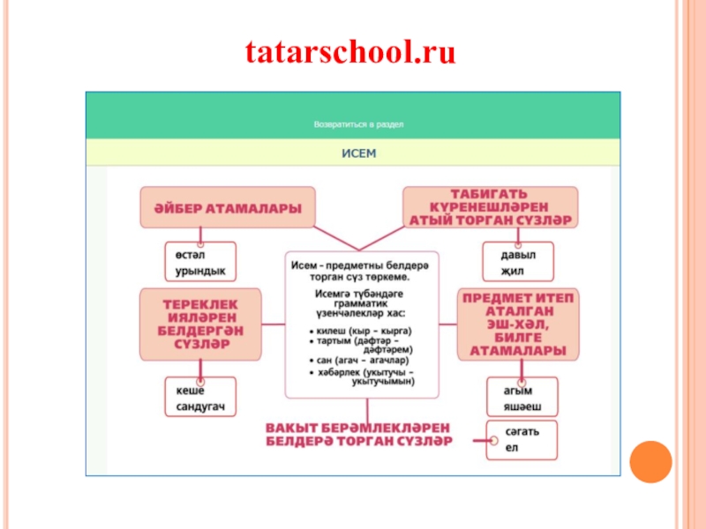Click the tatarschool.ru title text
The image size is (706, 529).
pyautogui.click(x=351, y=55)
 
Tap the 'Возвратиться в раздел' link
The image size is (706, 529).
pyautogui.click(x=358, y=124)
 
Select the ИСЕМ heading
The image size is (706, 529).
pyautogui.click(x=358, y=153)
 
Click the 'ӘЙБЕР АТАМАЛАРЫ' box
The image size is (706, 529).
pyautogui.click(x=228, y=208)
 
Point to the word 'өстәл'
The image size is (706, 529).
pyautogui.click(x=183, y=254)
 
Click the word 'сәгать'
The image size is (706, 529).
pyautogui.click(x=522, y=432)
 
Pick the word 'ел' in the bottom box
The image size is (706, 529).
pyautogui.click(x=510, y=448)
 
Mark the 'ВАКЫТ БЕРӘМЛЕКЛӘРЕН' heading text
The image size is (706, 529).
pyautogui.click(x=358, y=428)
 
